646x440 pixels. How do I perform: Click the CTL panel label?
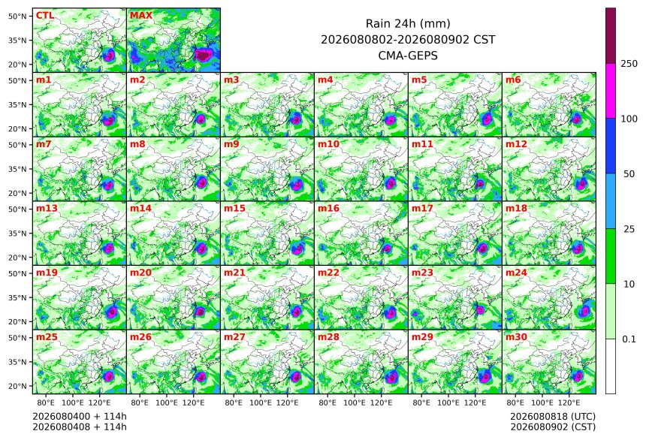click(x=45, y=16)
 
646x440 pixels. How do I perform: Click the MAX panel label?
click(x=141, y=16)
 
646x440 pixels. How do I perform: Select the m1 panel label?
click(x=44, y=80)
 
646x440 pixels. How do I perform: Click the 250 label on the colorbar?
click(x=629, y=64)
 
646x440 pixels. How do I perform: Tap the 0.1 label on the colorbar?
click(x=629, y=339)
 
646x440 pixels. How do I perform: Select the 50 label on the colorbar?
click(x=629, y=174)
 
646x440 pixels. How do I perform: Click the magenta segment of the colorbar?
click(x=611, y=91)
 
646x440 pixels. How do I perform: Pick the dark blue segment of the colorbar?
click(x=611, y=146)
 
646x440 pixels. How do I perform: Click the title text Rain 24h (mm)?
click(x=408, y=24)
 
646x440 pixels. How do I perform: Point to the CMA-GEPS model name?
click(x=408, y=56)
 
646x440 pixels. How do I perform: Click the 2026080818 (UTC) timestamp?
click(x=553, y=417)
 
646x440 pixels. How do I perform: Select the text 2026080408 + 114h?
click(x=80, y=426)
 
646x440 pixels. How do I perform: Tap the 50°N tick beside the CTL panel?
click(x=17, y=16)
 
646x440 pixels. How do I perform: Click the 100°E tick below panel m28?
click(x=355, y=402)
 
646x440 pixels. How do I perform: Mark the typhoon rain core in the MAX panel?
click(x=202, y=55)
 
